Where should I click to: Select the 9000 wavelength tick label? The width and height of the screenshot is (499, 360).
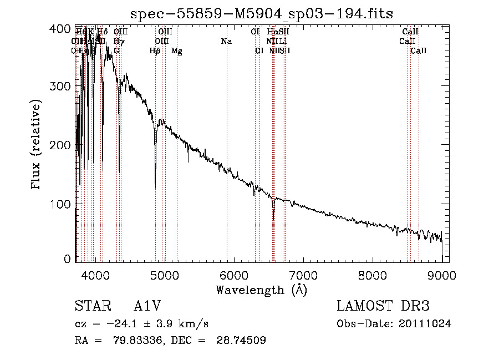click(442, 275)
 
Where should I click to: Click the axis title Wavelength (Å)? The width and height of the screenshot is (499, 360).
click(261, 290)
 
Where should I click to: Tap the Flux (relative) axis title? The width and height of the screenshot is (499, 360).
click(37, 145)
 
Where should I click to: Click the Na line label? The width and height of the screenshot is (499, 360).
click(226, 42)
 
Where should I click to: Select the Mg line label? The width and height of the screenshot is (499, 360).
click(177, 51)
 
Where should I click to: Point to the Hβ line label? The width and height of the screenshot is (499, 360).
click(155, 51)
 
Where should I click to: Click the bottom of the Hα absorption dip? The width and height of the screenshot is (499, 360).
click(273, 219)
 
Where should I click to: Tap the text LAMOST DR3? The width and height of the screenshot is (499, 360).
click(383, 306)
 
